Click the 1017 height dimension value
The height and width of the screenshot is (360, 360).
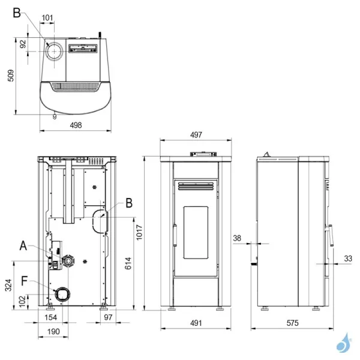[139, 233]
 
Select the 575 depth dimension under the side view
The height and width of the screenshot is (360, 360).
[293, 323]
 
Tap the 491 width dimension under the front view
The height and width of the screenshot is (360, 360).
[196, 323]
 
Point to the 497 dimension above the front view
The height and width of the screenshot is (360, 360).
[196, 135]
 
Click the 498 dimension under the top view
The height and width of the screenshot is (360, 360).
[76, 125]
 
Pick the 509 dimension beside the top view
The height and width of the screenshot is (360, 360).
[11, 76]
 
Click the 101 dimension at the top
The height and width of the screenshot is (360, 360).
[47, 17]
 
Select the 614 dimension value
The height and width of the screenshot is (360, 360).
[128, 263]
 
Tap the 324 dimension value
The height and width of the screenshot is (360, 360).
[8, 285]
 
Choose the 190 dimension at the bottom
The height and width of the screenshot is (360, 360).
[53, 332]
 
